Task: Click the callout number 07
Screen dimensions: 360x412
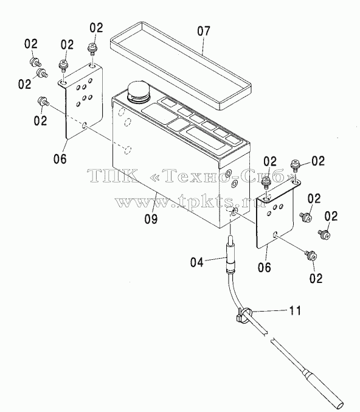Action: pos(204,31)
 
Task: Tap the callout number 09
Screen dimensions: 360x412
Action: pos(151,218)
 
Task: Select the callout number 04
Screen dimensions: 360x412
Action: pos(197,262)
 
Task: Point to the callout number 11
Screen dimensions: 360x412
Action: pos(295,310)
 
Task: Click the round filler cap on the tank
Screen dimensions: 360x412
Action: pos(138,92)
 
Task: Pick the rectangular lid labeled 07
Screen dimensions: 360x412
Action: pos(181,66)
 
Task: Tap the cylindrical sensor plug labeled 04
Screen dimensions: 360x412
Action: pos(230,255)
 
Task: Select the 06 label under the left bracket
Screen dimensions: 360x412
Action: pos(60,159)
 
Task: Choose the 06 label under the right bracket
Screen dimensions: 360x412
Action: pos(264,267)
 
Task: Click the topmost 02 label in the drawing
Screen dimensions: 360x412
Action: pos(96,27)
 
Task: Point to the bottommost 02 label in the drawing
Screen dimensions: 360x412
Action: pos(316,278)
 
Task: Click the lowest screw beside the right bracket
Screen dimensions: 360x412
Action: pos(312,256)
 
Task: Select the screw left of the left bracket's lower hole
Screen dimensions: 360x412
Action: pos(43,101)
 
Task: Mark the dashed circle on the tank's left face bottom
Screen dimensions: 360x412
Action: pos(127,150)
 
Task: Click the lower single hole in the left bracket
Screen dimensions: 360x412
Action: pos(85,125)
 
